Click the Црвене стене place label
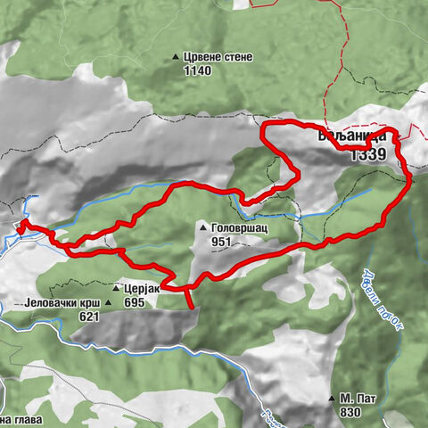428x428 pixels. (218, 57)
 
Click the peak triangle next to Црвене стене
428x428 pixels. (176, 58)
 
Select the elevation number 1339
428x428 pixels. (367, 154)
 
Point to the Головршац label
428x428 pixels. (239, 228)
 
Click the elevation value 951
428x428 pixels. (221, 242)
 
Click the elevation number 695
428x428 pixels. (134, 302)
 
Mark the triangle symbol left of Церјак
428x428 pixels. (117, 289)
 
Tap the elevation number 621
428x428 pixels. (88, 316)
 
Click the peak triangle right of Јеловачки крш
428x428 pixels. (108, 302)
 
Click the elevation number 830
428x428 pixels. (350, 412)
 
